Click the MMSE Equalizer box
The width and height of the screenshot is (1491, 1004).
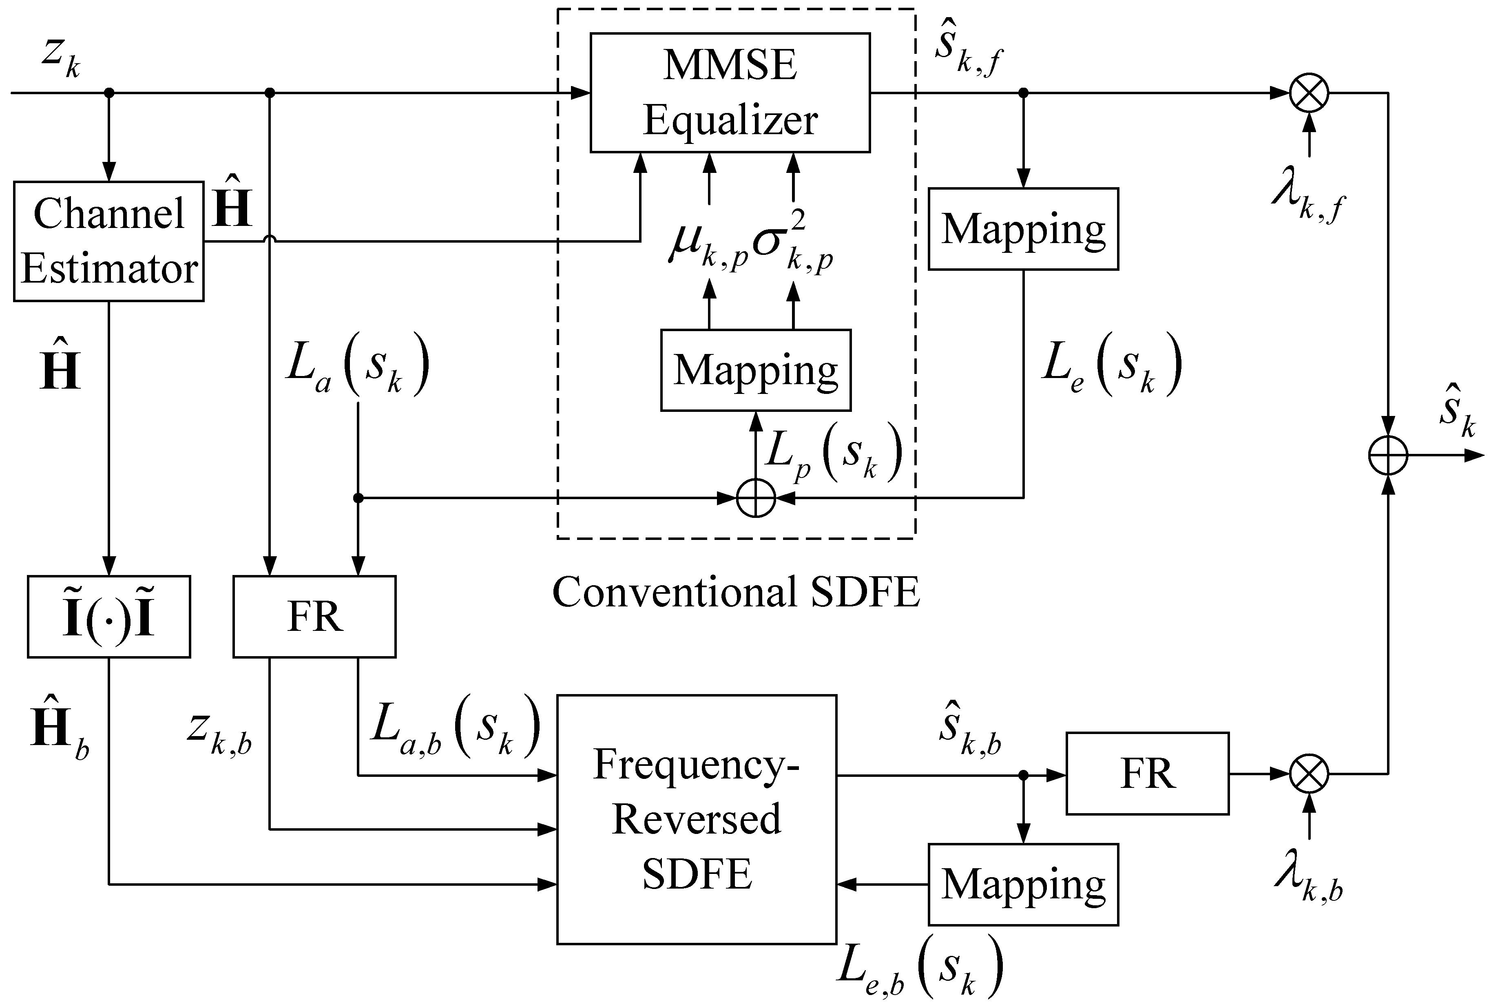730,93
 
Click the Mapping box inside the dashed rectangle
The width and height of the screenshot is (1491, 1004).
755,370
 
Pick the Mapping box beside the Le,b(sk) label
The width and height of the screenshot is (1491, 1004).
1023,884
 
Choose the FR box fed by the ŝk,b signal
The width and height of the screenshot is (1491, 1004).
1147,774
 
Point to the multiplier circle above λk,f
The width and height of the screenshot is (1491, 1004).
1309,93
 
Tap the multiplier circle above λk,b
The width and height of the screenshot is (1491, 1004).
1309,774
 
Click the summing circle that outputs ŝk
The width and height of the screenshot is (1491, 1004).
1388,456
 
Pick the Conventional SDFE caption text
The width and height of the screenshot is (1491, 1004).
736,592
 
